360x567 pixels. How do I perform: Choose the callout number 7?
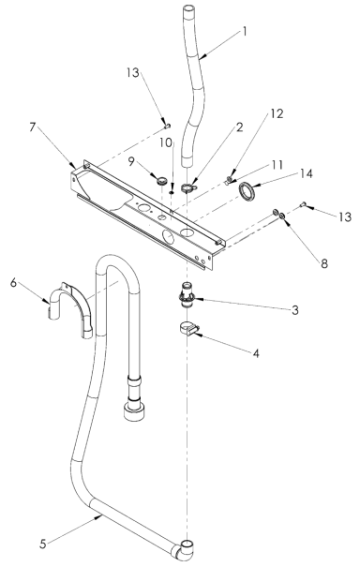(36, 126)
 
